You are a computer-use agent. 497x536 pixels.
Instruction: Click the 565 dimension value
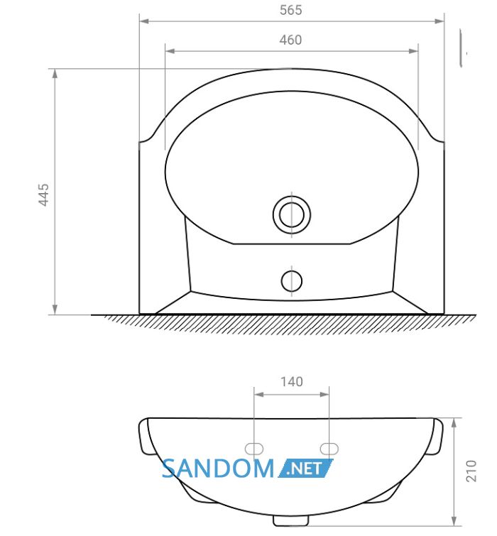click(290, 10)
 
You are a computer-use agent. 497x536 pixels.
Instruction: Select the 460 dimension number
click(290, 40)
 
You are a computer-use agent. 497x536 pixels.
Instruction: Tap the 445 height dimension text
click(43, 195)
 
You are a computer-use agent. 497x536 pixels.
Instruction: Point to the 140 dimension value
click(292, 381)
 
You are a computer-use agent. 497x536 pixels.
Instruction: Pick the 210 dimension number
click(471, 471)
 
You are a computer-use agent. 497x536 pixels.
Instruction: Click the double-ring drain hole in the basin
click(292, 214)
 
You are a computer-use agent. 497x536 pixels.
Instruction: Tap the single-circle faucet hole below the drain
click(292, 281)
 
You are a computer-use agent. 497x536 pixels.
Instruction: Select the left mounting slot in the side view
click(254, 449)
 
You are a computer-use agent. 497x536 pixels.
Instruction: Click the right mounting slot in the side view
click(329, 449)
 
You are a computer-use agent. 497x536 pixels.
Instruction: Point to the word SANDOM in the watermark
click(218, 469)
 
